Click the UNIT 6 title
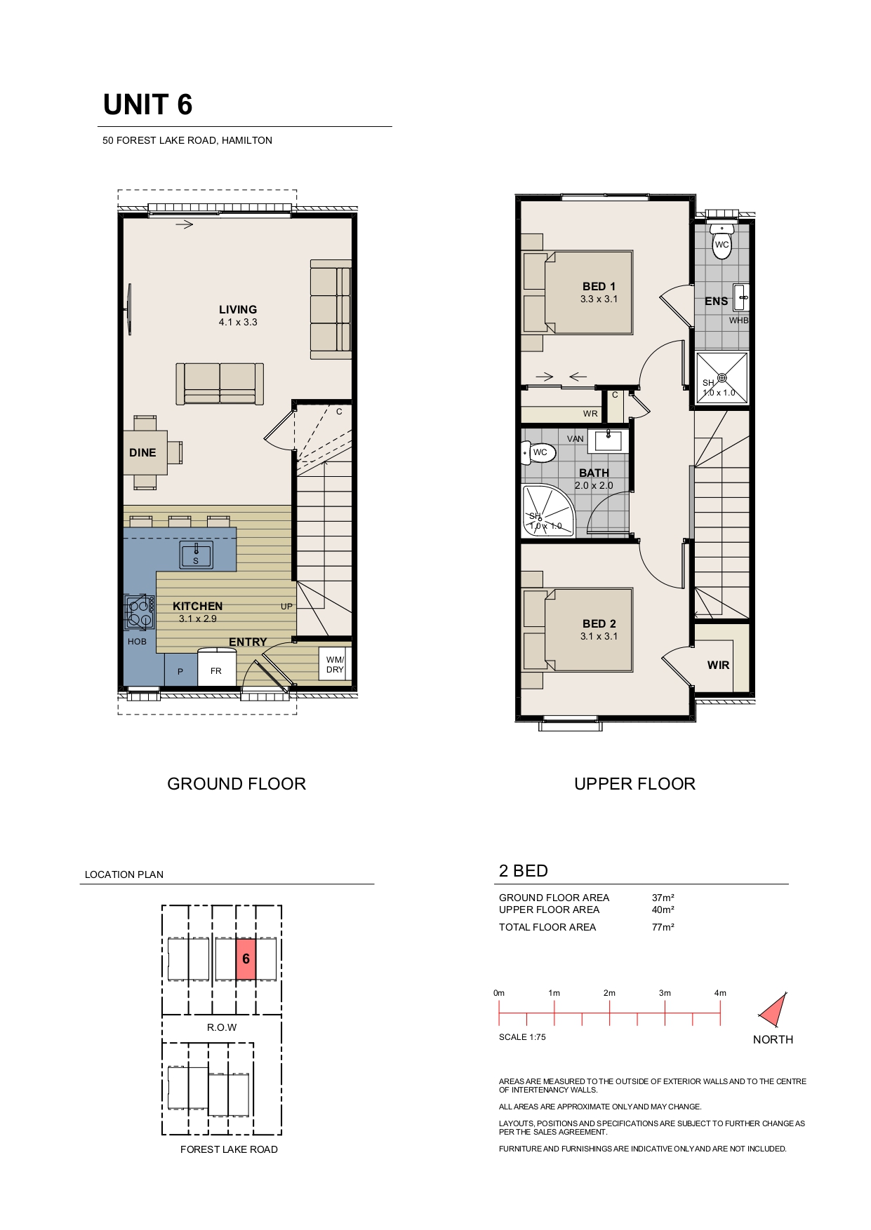[147, 104]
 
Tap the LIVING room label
[238, 309]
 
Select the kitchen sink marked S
[197, 554]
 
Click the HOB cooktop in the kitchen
[140, 611]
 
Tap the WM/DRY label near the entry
[335, 665]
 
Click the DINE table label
[142, 452]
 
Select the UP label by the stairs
[286, 606]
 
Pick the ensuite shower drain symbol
[722, 378]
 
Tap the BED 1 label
[599, 286]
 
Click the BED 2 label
[599, 623]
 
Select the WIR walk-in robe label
[718, 665]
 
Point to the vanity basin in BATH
[608, 440]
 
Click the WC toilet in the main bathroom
[538, 453]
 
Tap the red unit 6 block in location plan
[246, 959]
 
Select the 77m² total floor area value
[663, 927]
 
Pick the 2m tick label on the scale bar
[609, 993]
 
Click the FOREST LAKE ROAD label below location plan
[229, 1149]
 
